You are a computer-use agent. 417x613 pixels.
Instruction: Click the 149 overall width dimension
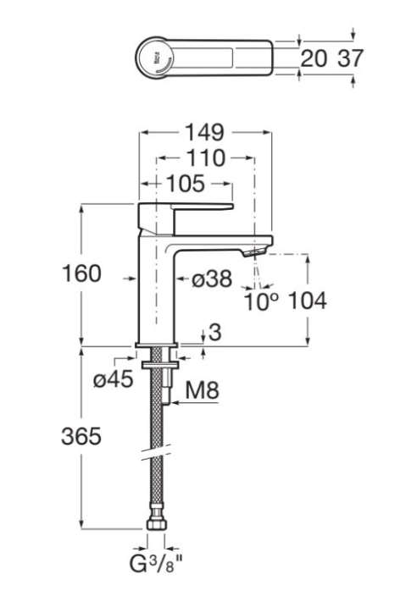coord(205,132)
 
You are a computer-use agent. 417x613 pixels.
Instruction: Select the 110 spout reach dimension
coord(205,158)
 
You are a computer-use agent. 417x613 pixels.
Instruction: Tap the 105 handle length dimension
coord(186,184)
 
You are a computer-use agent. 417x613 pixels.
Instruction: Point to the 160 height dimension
coord(81,273)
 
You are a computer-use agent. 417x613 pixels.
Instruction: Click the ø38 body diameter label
coord(212,279)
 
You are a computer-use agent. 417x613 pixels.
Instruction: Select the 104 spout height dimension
coord(307,301)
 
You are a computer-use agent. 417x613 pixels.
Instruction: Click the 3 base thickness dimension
coord(215,332)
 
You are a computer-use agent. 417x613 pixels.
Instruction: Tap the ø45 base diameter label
coord(114,378)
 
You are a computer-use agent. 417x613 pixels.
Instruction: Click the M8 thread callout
coord(202,390)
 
